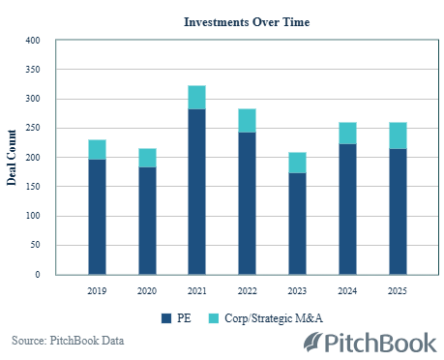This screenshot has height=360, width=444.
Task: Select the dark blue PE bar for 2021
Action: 196,192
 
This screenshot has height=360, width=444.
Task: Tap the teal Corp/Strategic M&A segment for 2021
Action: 196,98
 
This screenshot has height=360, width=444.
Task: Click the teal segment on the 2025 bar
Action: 397,135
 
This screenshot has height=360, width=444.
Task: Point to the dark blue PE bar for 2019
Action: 97,217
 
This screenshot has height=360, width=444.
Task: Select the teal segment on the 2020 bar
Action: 147,158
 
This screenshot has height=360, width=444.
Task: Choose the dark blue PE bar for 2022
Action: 247,203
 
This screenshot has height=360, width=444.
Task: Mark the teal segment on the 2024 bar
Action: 346,134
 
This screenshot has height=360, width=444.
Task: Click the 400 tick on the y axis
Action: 33,41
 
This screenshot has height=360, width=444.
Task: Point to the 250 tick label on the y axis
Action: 33,128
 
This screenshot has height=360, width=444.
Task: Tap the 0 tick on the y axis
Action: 38,275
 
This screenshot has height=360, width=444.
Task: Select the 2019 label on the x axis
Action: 97,289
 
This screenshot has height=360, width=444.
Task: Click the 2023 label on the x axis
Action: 296,289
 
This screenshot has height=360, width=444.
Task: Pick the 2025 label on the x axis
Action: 397,289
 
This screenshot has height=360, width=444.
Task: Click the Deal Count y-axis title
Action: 13,157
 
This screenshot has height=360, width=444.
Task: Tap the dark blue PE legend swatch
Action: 165,316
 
